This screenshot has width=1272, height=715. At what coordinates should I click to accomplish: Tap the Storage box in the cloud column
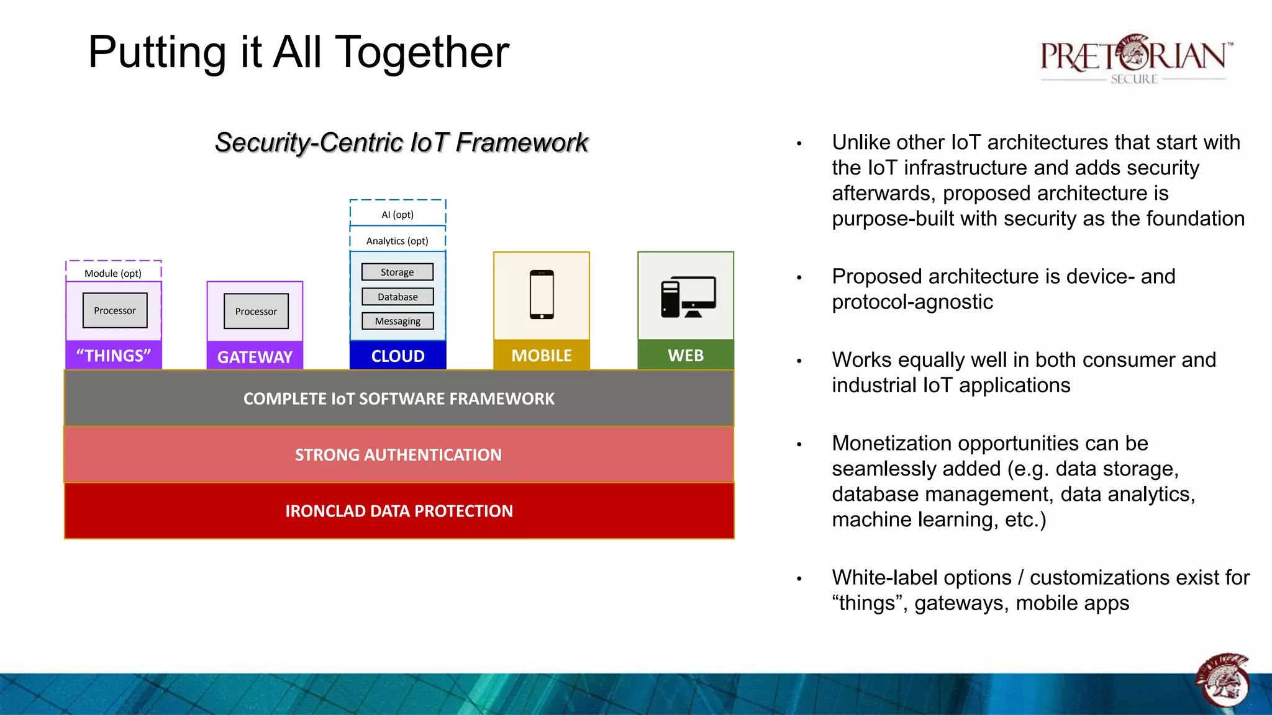click(x=397, y=272)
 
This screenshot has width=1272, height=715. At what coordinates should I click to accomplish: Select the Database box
click(x=397, y=297)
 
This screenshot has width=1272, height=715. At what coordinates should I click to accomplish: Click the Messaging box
click(x=397, y=321)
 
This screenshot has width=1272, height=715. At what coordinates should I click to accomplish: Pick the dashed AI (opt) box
click(x=397, y=214)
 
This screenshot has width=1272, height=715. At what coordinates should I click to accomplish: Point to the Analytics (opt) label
click(x=397, y=241)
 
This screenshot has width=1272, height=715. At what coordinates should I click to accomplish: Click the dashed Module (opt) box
click(x=113, y=272)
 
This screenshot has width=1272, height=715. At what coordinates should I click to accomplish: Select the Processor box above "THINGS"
click(x=115, y=310)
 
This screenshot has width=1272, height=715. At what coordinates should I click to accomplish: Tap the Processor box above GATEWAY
click(x=256, y=311)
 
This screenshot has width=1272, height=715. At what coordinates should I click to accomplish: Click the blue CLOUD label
click(x=397, y=356)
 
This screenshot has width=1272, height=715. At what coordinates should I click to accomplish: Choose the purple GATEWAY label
click(x=255, y=357)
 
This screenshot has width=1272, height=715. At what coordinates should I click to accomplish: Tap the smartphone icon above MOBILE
click(x=542, y=294)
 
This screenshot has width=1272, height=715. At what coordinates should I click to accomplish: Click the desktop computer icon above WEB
click(x=688, y=297)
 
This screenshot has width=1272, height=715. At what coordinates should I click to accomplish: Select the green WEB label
click(x=686, y=355)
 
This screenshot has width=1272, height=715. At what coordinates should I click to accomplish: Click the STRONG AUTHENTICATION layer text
click(x=398, y=455)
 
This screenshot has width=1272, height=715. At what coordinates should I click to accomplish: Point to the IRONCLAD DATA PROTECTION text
click(x=399, y=511)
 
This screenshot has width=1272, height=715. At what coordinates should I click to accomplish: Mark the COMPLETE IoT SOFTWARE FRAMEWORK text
click(x=399, y=398)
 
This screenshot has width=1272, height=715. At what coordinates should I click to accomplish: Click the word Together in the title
click(x=422, y=52)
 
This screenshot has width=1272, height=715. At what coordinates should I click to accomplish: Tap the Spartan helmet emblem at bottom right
click(x=1222, y=680)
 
